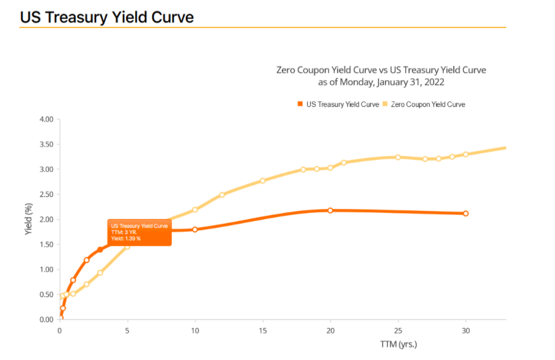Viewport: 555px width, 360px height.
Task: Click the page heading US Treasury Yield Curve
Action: click(106, 17)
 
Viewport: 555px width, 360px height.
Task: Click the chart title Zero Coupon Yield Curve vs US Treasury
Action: click(381, 70)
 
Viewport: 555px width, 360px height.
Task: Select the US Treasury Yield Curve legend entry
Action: click(338, 104)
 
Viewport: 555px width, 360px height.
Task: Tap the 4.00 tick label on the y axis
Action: click(45, 119)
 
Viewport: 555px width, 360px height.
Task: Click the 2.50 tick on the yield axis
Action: click(45, 194)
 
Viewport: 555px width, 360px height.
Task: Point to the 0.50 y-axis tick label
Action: click(45, 295)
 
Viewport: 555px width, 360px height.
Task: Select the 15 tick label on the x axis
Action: click(262, 330)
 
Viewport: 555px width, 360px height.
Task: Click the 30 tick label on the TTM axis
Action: click(466, 330)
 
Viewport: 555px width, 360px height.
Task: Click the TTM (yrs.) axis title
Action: click(398, 344)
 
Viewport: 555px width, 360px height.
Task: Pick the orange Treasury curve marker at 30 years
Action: click(466, 213)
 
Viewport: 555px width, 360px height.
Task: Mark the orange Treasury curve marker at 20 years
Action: click(330, 210)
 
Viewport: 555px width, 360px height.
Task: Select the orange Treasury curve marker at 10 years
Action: click(195, 229)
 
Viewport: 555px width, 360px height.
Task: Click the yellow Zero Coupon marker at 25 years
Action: click(398, 157)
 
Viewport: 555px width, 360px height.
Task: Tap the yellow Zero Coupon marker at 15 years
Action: click(262, 181)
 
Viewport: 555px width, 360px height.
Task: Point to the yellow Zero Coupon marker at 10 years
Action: click(195, 210)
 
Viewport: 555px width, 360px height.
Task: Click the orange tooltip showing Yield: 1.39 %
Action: click(140, 232)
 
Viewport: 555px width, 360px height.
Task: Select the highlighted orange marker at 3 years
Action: click(100, 250)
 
